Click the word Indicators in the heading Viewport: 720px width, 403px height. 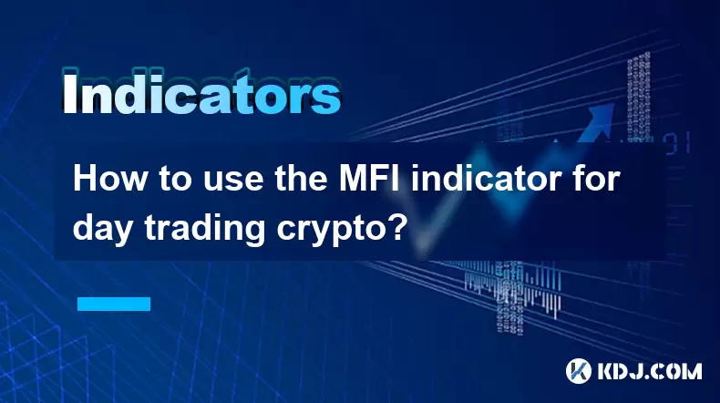click(x=201, y=92)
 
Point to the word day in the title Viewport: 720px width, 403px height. click(x=104, y=228)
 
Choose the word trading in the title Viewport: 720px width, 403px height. click(x=205, y=228)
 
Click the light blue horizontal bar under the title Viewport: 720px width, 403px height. click(x=114, y=304)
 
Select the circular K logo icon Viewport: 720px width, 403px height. click(x=578, y=371)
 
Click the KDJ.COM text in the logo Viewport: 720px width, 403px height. click(x=649, y=371)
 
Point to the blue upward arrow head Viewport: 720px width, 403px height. click(x=601, y=115)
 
